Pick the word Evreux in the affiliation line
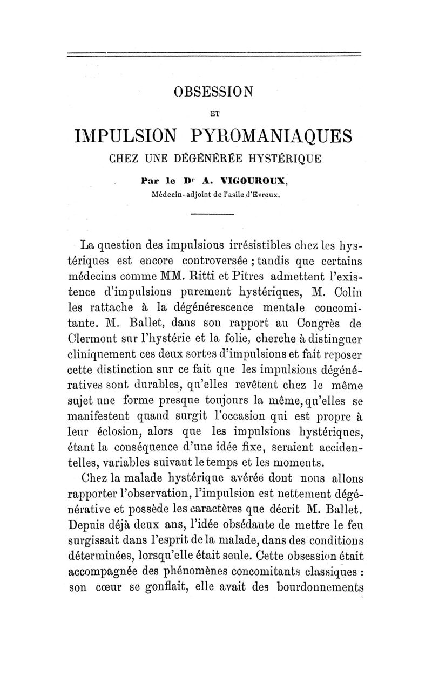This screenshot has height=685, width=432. (x=266, y=193)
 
